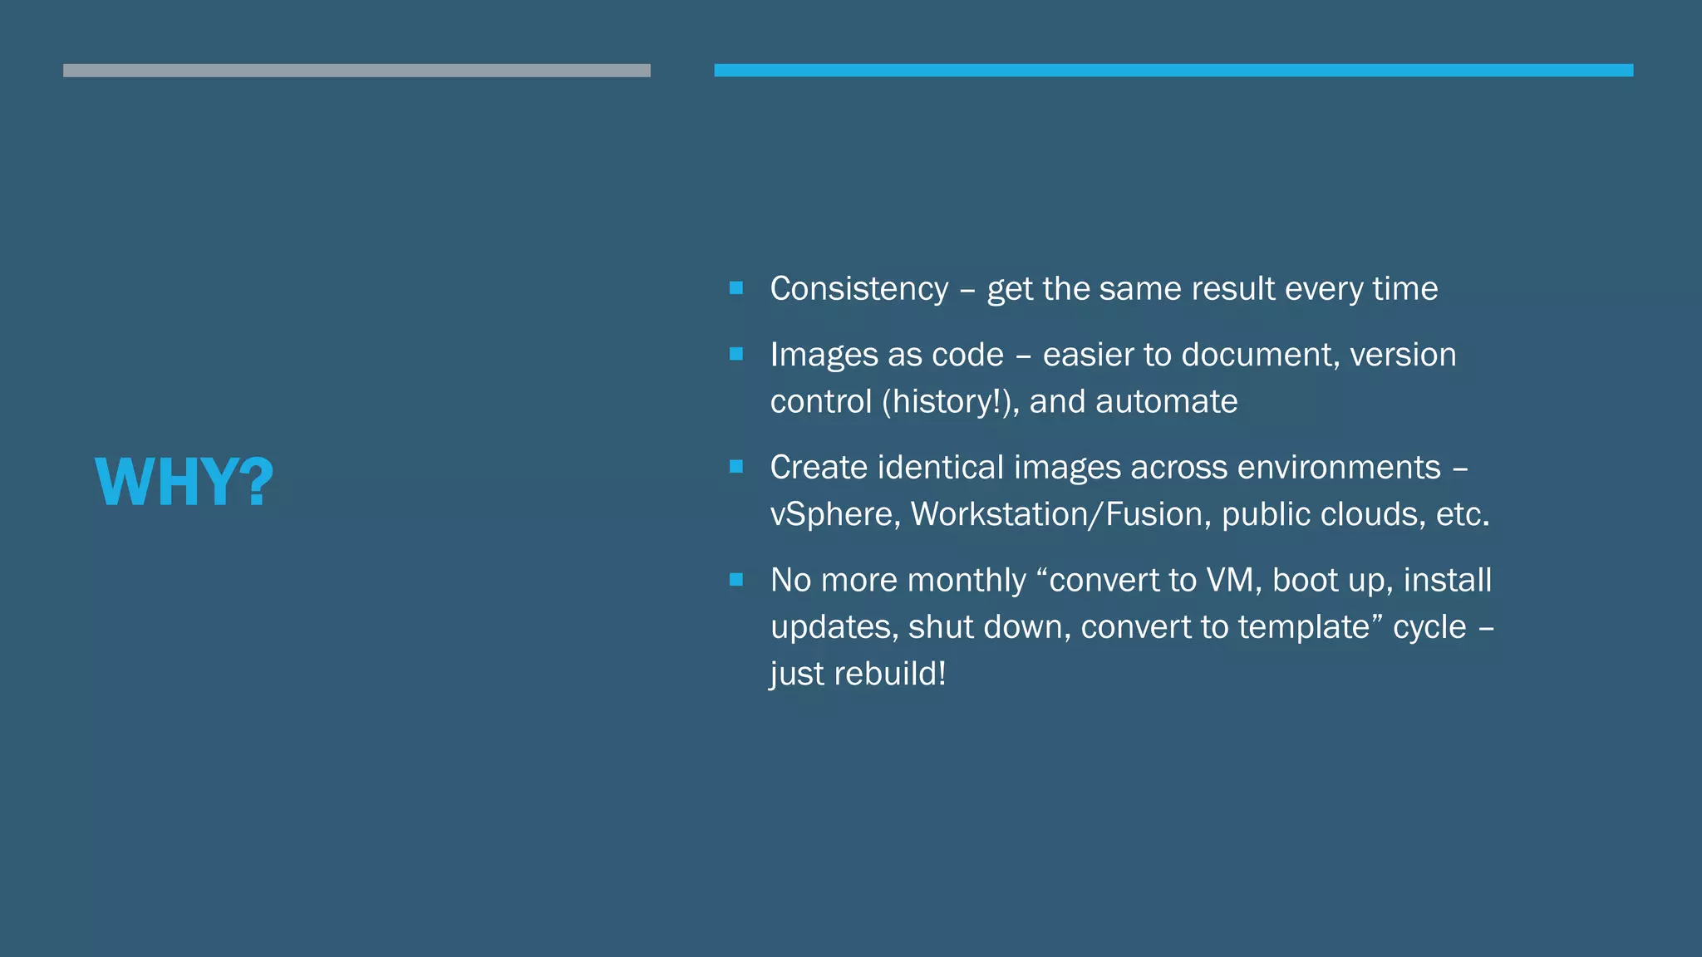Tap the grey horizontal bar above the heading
tap(357, 71)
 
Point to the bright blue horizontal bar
tap(1173, 71)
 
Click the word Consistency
tap(858, 289)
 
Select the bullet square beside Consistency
tap(736, 288)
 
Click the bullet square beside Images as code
tap(736, 354)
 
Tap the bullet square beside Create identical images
tap(736, 467)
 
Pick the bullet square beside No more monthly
tap(736, 579)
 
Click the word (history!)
tap(950, 402)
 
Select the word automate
tap(1166, 402)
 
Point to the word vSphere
tap(834, 514)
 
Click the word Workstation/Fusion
tap(1057, 514)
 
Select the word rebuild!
tap(890, 674)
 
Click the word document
tap(1260, 356)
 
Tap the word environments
tap(1339, 468)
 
